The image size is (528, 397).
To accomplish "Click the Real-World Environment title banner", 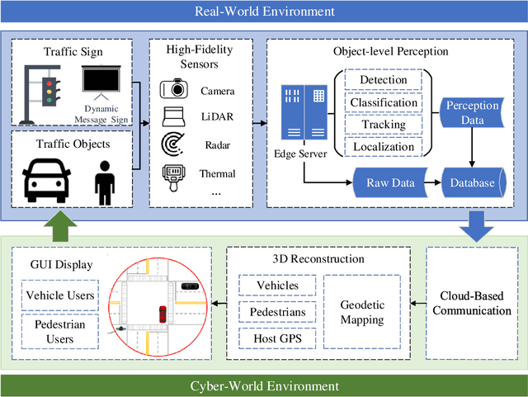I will [264, 12].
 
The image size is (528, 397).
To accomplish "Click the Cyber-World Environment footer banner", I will [264, 385].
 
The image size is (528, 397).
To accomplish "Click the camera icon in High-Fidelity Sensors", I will [175, 91].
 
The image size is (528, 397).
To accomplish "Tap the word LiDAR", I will [217, 118].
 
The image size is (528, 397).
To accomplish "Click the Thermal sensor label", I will [217, 173].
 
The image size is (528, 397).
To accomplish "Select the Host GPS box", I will [273, 337].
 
